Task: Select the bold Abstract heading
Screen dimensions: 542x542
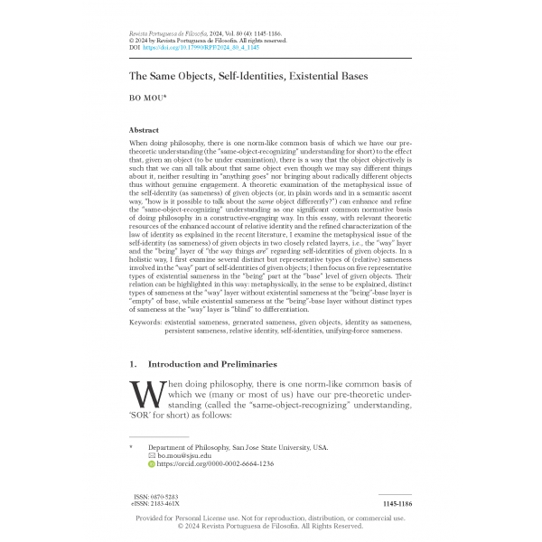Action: coord(145,131)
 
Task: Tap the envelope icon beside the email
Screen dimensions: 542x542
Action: coord(152,455)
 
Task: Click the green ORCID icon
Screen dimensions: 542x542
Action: coord(152,463)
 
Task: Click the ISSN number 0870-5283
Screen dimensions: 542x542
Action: coord(165,497)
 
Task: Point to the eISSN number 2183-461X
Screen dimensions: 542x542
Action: coord(166,504)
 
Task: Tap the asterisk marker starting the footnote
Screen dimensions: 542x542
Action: coord(132,447)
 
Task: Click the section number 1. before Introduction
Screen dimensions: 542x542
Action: coord(133,363)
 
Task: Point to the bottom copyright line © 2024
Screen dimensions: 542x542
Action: coord(270,526)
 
